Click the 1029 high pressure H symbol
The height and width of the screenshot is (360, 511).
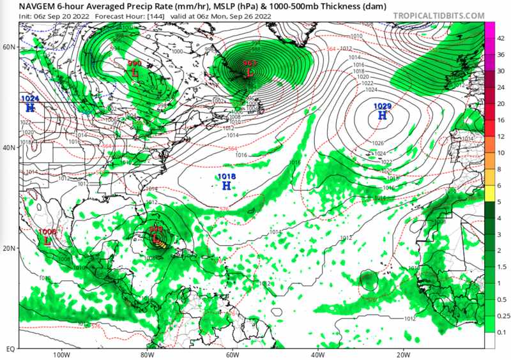(x=382, y=116)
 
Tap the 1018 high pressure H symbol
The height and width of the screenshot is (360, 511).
(x=226, y=186)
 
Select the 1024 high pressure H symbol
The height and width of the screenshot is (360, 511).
(x=29, y=108)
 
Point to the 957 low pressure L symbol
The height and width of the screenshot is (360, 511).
(x=250, y=73)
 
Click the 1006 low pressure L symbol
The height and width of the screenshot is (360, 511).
(x=47, y=241)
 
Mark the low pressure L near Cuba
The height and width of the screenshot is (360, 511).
(x=155, y=239)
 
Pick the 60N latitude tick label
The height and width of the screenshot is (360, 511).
(x=9, y=47)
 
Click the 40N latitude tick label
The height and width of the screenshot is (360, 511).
(x=9, y=147)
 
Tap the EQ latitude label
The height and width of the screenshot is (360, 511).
(x=10, y=349)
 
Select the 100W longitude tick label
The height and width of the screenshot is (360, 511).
(x=61, y=355)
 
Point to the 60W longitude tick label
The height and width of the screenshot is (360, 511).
(x=232, y=355)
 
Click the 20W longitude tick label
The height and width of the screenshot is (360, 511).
(x=402, y=355)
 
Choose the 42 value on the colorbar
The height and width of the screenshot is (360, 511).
(x=501, y=38)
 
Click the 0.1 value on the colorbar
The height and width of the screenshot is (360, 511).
(x=501, y=333)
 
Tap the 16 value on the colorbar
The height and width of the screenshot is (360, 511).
(x=501, y=120)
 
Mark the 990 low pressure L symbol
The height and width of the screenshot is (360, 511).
(x=135, y=71)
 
